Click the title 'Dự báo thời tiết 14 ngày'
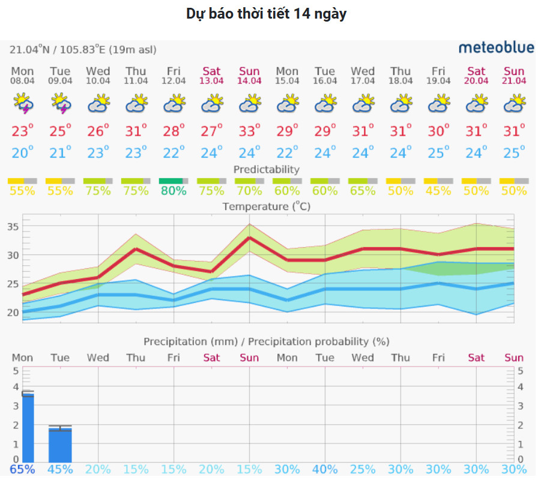[x=266, y=14]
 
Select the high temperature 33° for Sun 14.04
[x=249, y=130]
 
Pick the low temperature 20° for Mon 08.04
[x=22, y=153]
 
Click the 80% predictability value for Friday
[x=174, y=191]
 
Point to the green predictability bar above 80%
[x=171, y=181]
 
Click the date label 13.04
[x=211, y=81]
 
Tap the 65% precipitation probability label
[x=22, y=469]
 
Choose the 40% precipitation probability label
[x=325, y=469]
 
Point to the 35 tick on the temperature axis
[x=13, y=227]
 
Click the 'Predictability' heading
[x=266, y=170]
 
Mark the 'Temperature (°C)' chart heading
[x=266, y=206]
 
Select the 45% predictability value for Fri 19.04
[x=438, y=191]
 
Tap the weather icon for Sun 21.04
[x=514, y=104]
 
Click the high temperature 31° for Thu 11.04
[x=136, y=130]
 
